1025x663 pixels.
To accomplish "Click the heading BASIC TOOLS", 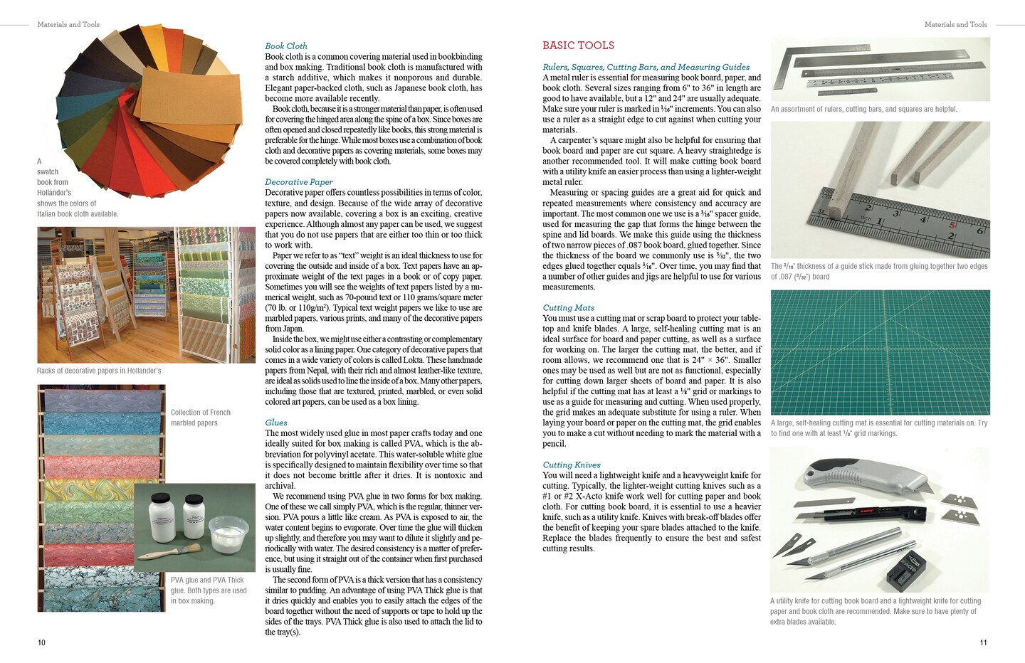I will click(x=578, y=46).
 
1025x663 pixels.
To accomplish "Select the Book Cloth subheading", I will click(x=286, y=46).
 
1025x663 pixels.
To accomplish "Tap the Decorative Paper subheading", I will click(x=298, y=181).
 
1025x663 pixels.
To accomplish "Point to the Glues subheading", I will click(x=276, y=422).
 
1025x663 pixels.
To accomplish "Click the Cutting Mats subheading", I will click(x=568, y=307).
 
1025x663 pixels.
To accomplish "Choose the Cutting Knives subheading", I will click(x=572, y=465).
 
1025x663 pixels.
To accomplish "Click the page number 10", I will click(x=41, y=642).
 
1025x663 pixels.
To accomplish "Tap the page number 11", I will click(x=983, y=642).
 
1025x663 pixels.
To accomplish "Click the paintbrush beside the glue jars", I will click(x=157, y=553).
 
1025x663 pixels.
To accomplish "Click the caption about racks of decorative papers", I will click(x=99, y=371).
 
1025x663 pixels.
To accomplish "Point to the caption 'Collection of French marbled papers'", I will click(x=200, y=418).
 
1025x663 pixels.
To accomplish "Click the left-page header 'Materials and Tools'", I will click(x=68, y=24).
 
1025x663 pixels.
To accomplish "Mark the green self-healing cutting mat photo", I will click(x=880, y=352).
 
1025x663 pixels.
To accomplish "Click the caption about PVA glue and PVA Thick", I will click(x=209, y=590).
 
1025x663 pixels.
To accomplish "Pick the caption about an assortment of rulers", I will click(x=863, y=109).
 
